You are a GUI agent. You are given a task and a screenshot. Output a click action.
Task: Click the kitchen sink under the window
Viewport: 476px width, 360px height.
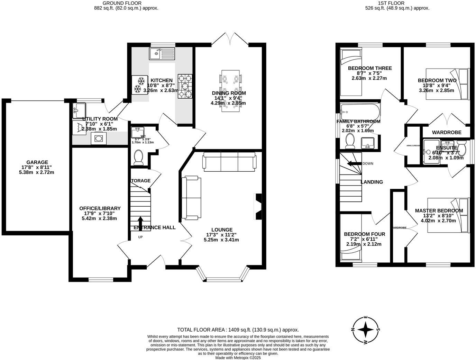[x=162, y=53]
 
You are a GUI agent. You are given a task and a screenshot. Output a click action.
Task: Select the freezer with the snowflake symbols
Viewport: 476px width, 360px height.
[x=140, y=85]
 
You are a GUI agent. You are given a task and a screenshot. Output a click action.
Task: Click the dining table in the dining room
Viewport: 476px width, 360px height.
[x=230, y=91]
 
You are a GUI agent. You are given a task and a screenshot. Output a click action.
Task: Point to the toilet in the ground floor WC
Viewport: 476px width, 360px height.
[x=139, y=156]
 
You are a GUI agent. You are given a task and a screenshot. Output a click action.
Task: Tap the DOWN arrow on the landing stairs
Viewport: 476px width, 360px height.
[x=354, y=163]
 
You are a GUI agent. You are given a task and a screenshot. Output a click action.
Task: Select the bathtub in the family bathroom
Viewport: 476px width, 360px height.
[x=359, y=112]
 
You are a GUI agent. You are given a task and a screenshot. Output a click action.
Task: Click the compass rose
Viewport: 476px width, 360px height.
[x=365, y=330]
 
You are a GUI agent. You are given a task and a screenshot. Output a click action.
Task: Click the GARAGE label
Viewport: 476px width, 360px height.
[x=37, y=162]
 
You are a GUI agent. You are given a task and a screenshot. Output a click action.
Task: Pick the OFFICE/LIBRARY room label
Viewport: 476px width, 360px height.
[x=100, y=208]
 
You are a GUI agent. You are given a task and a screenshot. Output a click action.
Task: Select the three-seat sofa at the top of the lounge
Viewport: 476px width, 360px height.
[x=230, y=162]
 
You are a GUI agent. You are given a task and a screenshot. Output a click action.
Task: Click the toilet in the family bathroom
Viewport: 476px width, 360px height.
[x=350, y=141]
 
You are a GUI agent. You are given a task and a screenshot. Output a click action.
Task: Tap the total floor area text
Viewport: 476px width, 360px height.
[x=238, y=330]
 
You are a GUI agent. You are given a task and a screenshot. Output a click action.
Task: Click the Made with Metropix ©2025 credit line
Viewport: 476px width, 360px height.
[x=238, y=358]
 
